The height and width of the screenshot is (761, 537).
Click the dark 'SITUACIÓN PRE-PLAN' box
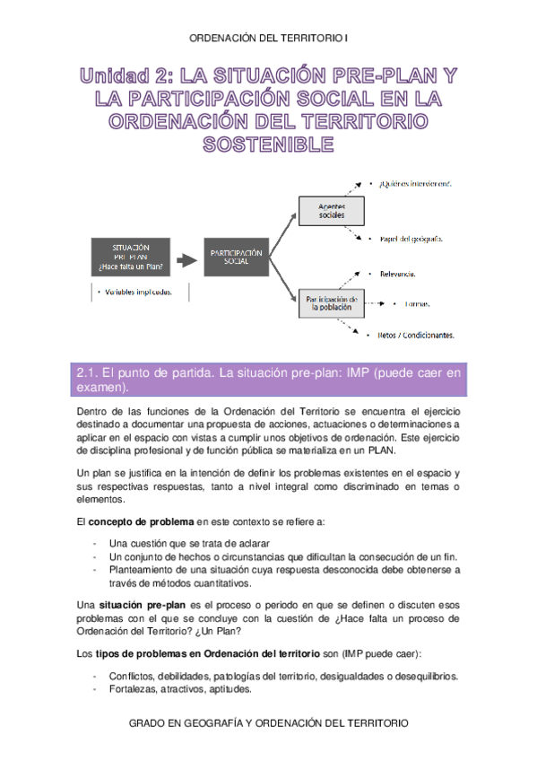(131, 258)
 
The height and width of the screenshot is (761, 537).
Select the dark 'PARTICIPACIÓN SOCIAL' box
(237, 258)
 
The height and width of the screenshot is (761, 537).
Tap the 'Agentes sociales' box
(331, 211)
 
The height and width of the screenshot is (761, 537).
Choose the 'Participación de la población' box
(332, 303)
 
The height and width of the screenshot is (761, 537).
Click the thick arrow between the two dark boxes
(186, 260)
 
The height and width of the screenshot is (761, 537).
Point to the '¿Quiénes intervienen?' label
(414, 183)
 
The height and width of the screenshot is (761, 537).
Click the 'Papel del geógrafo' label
(411, 239)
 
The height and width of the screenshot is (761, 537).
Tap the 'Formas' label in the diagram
(418, 304)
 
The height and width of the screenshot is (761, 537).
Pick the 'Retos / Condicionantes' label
(416, 335)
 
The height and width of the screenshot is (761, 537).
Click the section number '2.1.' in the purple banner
(88, 371)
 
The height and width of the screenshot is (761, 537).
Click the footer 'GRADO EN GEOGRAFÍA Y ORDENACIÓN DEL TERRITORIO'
(269, 722)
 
